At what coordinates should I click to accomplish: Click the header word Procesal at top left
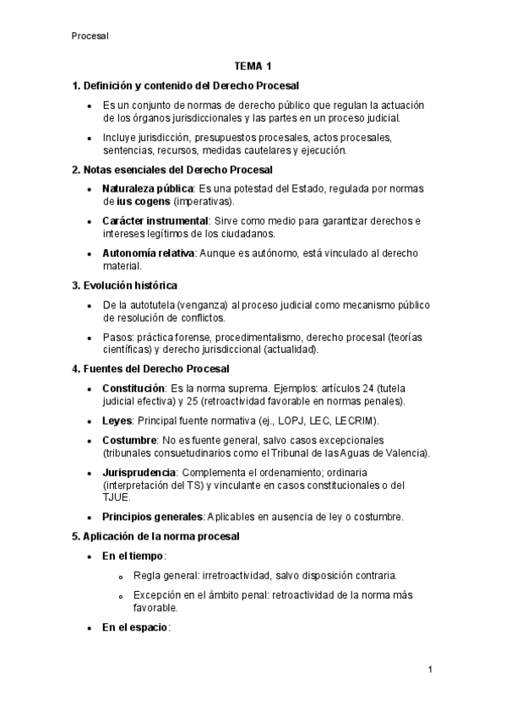(90, 35)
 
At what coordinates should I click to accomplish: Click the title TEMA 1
(253, 66)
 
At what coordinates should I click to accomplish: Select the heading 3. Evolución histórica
(125, 285)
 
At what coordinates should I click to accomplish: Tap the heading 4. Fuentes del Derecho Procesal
(150, 369)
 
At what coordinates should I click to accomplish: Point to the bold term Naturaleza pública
(147, 187)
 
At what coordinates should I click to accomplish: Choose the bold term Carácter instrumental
(155, 220)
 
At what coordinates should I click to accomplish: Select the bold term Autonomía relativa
(148, 253)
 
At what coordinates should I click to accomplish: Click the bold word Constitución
(133, 388)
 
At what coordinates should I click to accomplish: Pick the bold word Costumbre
(129, 440)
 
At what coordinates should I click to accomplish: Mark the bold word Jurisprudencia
(139, 472)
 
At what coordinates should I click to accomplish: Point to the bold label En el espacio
(135, 626)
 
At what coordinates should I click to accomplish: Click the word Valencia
(407, 453)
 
